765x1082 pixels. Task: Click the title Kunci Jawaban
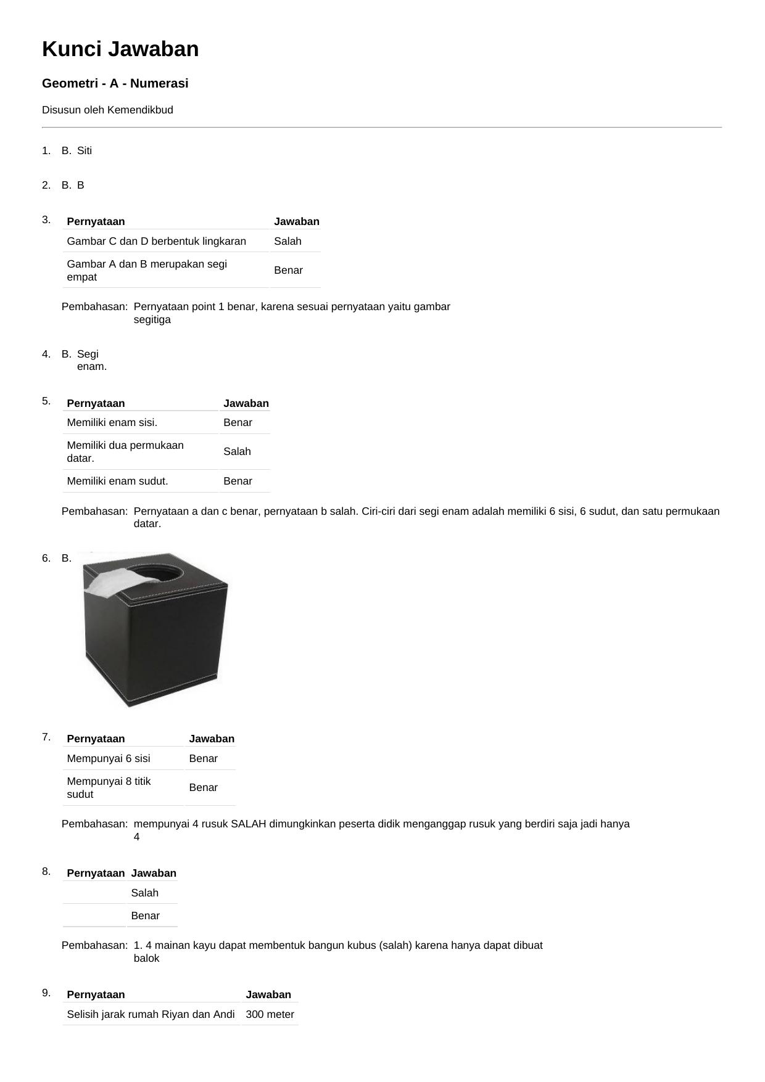tap(120, 49)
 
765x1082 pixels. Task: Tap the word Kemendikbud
tap(140, 110)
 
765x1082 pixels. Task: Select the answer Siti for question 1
tap(85, 150)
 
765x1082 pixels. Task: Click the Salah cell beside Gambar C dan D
tap(287, 241)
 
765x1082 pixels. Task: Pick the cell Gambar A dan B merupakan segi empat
tap(147, 270)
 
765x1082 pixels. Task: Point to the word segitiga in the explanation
tap(152, 320)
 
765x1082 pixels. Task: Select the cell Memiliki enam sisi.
tap(112, 422)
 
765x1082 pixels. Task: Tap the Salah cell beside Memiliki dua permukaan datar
tap(237, 451)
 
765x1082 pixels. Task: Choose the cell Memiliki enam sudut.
tap(117, 481)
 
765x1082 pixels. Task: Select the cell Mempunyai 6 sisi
tap(109, 758)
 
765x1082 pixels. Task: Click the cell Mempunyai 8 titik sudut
tap(109, 787)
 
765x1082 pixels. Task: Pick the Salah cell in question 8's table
tap(144, 893)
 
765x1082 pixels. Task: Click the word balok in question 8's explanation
tap(146, 958)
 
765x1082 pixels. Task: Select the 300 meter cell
tap(270, 1014)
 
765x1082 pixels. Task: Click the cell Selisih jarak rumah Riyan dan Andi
tap(151, 1014)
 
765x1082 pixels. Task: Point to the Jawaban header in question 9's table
tap(268, 994)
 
